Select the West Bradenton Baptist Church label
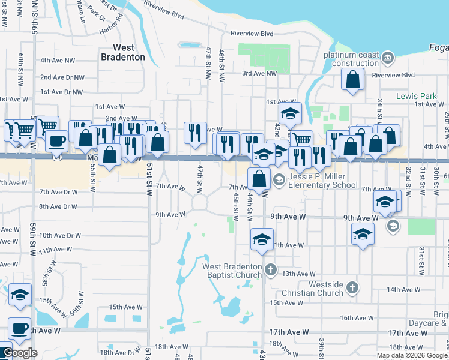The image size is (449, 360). [x=232, y=271]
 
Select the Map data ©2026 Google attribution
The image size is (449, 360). [x=412, y=355]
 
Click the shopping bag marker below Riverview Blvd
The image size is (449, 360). [x=353, y=79]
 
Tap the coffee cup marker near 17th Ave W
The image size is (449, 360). [x=19, y=328]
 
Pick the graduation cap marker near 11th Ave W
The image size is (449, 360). [x=262, y=239]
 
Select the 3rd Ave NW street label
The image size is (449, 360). [x=259, y=73]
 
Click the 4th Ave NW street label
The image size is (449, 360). [x=58, y=61]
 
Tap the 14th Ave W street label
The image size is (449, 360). [x=403, y=289]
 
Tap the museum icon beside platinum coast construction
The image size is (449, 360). [x=388, y=58]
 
